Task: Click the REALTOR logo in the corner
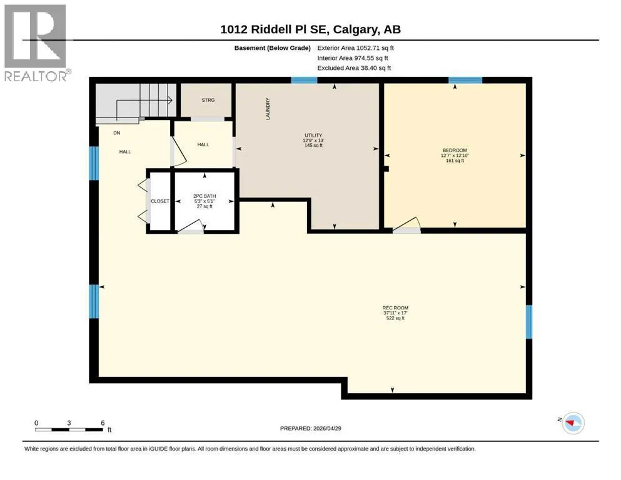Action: pyautogui.click(x=37, y=42)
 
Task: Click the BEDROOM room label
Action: pyautogui.click(x=455, y=151)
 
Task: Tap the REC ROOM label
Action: pyautogui.click(x=395, y=308)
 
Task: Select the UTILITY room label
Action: pyautogui.click(x=313, y=136)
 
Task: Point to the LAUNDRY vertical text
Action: pyautogui.click(x=268, y=109)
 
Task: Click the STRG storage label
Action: pyautogui.click(x=208, y=100)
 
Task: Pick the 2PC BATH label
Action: pyautogui.click(x=204, y=196)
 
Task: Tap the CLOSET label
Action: pyautogui.click(x=160, y=201)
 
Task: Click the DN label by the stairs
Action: pyautogui.click(x=117, y=133)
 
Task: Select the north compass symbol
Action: pyautogui.click(x=573, y=423)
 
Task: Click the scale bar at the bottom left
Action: pyautogui.click(x=69, y=429)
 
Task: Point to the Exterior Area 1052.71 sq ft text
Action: pyautogui.click(x=355, y=48)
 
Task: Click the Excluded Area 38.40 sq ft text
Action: pyautogui.click(x=354, y=67)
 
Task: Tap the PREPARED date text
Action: pyautogui.click(x=310, y=428)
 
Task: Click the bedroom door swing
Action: pyautogui.click(x=406, y=225)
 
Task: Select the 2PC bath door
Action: pyautogui.click(x=191, y=226)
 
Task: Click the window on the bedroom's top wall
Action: pyautogui.click(x=465, y=81)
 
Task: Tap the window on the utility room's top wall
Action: pyautogui.click(x=304, y=81)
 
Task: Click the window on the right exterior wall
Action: pyautogui.click(x=529, y=322)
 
